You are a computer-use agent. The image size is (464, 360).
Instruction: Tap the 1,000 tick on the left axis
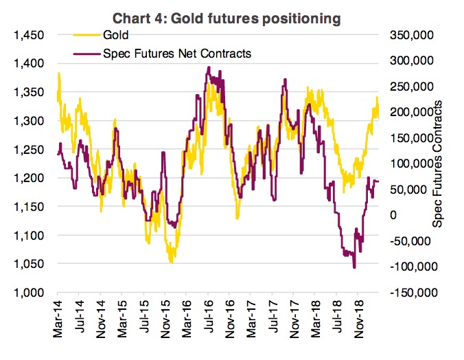(27, 293)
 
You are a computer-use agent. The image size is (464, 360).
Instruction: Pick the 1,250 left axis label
(27, 149)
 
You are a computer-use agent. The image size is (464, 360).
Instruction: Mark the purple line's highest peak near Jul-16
(208, 67)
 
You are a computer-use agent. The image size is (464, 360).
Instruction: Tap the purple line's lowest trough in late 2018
(354, 267)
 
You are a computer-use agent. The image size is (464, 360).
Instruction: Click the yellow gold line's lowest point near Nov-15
(172, 262)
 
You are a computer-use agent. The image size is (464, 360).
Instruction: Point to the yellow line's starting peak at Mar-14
(59, 73)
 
